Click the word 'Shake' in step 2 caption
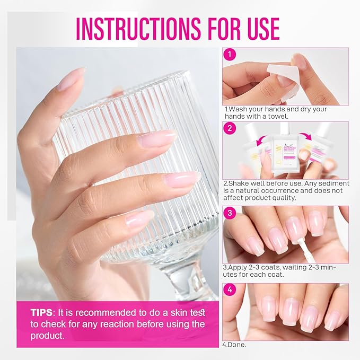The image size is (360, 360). pos(242,184)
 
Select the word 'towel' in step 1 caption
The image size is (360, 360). pos(278,116)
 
